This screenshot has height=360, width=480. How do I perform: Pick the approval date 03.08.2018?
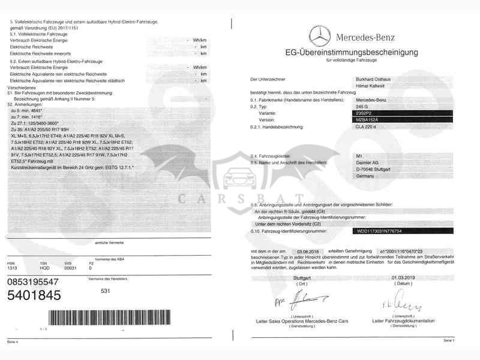309,252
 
